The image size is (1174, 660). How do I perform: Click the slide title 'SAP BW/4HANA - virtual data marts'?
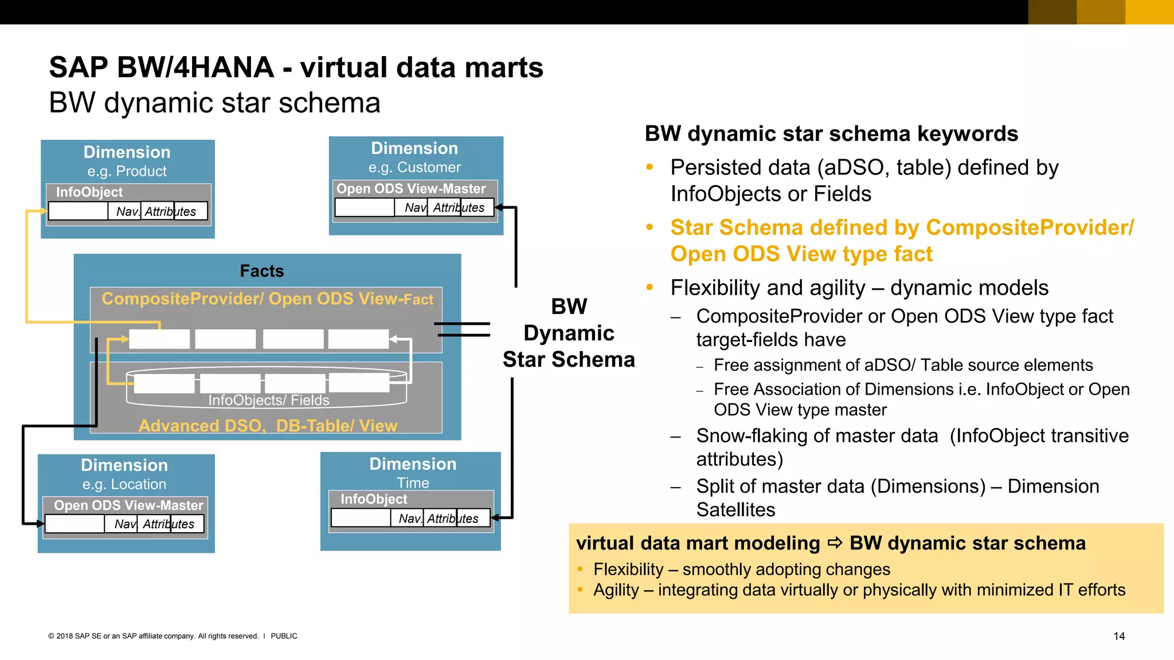pyautogui.click(x=296, y=68)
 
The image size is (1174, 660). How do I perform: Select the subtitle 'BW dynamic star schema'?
pyautogui.click(x=214, y=103)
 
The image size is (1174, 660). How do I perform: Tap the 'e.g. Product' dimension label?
pyautogui.click(x=127, y=171)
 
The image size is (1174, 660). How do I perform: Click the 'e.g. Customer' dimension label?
pyautogui.click(x=414, y=167)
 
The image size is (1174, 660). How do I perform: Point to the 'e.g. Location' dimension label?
pyautogui.click(x=124, y=484)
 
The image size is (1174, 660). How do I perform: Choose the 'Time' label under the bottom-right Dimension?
pyautogui.click(x=413, y=483)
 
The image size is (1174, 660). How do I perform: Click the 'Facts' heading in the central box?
pyautogui.click(x=262, y=271)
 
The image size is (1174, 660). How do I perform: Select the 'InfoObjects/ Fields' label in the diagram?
pyautogui.click(x=268, y=400)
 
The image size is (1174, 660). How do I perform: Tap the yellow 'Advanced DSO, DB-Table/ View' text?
pyautogui.click(x=268, y=426)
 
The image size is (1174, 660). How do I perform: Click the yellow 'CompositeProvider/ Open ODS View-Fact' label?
pyautogui.click(x=267, y=299)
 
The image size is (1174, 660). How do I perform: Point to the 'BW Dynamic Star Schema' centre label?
pyautogui.click(x=569, y=333)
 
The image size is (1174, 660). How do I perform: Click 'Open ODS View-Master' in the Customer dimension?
pyautogui.click(x=411, y=188)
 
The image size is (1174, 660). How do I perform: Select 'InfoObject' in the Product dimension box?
pyautogui.click(x=89, y=192)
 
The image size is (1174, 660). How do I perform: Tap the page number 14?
pyautogui.click(x=1119, y=636)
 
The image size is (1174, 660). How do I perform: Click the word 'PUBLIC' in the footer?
pyautogui.click(x=284, y=636)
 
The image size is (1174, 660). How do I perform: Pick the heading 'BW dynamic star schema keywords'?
pyautogui.click(x=831, y=134)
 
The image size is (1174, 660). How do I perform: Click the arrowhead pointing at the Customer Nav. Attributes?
pyautogui.click(x=498, y=207)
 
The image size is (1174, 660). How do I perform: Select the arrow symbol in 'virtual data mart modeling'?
pyautogui.click(x=835, y=543)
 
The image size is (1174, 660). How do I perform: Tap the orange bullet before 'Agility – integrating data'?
pyautogui.click(x=580, y=590)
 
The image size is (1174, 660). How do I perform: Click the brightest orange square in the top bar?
pyautogui.click(x=1149, y=12)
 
